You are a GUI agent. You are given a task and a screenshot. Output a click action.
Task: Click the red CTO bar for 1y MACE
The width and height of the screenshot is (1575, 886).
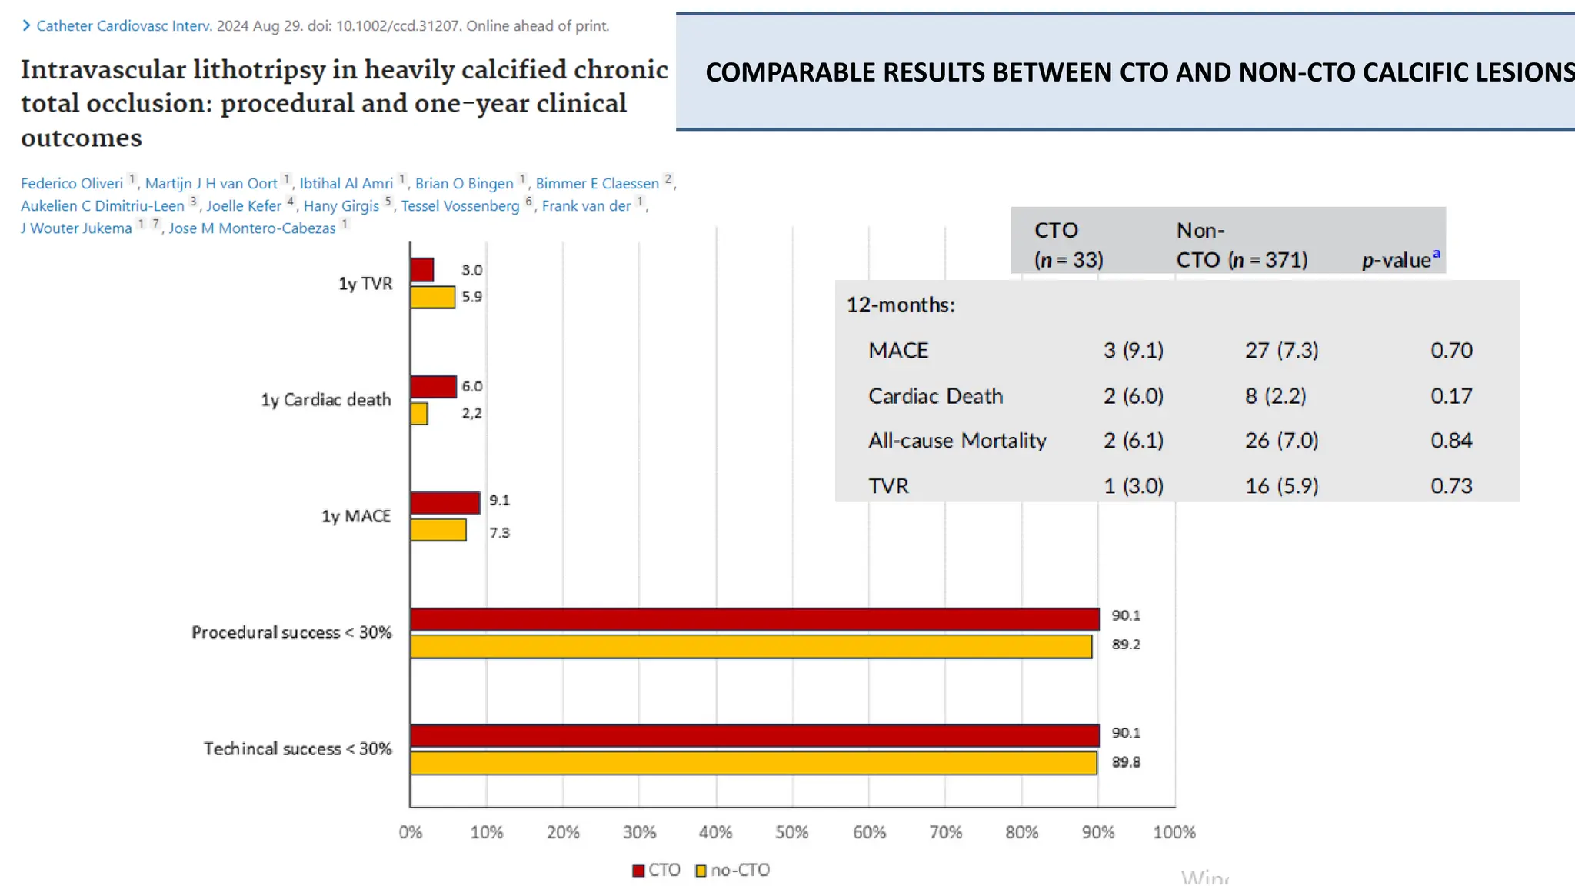445,503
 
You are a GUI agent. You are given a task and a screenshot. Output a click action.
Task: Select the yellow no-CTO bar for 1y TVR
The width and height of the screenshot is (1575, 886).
432,297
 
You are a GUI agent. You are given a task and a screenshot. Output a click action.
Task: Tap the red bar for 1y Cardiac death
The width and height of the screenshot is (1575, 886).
433,387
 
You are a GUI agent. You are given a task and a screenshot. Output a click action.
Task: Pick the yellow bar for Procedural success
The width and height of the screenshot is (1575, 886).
751,647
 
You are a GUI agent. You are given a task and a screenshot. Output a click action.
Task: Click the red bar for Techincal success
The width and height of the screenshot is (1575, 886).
754,736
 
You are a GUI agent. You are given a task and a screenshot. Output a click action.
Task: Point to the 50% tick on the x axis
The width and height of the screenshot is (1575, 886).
791,832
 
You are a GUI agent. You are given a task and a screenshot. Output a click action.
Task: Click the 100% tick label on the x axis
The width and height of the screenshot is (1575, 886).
1174,832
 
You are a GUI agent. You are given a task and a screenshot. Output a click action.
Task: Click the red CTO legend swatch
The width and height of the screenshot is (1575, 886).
638,871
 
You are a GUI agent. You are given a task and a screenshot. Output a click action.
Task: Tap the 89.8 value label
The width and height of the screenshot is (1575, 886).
1126,762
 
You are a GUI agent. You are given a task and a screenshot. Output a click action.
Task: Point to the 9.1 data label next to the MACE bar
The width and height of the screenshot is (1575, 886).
499,501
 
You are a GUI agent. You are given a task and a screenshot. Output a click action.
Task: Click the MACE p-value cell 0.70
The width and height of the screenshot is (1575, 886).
1451,351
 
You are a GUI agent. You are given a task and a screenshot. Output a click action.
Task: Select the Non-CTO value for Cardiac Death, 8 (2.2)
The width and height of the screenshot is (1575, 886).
1275,396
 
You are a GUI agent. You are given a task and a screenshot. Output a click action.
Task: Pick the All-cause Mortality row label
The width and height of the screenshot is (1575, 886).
957,441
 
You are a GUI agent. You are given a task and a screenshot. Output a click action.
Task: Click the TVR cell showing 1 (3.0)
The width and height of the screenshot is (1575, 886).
1133,486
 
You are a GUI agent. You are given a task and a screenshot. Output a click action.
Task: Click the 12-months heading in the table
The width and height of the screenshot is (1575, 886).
901,305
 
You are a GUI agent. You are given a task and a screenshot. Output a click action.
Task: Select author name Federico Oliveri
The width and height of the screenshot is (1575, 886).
72,184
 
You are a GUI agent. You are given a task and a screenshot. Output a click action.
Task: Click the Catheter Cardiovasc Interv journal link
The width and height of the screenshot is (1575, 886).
124,26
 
